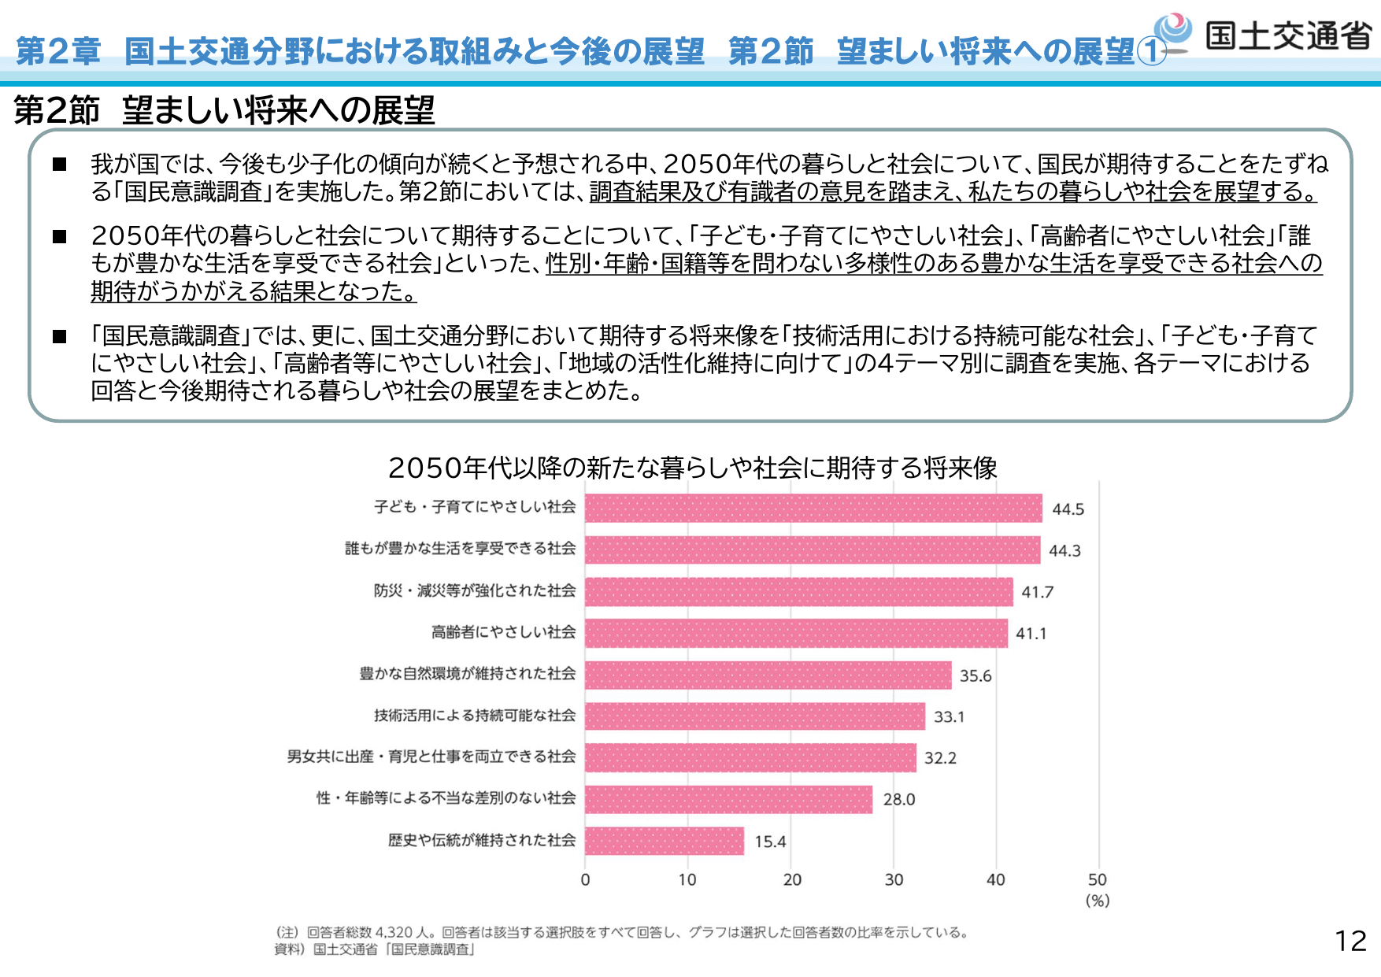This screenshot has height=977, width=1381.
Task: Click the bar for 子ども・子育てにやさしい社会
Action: pos(813,509)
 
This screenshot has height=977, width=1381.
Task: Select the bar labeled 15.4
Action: pos(665,841)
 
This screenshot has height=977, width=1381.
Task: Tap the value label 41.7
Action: pos(1037,592)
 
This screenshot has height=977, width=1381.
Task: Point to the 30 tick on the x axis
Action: pos(894,880)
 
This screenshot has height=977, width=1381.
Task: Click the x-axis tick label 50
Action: pos(1097,880)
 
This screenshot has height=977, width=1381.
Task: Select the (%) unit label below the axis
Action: pos(1098,901)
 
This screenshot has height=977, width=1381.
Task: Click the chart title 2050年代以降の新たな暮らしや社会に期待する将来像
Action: pos(692,468)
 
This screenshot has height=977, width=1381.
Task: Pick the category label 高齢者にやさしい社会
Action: pos(503,632)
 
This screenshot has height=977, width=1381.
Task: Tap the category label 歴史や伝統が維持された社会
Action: pos(481,840)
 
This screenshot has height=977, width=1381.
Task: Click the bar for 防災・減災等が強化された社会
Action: pos(798,592)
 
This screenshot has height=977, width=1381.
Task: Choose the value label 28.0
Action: pos(898,800)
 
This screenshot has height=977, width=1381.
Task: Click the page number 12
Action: pos(1350,941)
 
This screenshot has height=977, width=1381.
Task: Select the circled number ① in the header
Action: pos(1151,52)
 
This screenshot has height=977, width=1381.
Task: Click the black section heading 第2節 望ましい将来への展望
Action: pos(224,110)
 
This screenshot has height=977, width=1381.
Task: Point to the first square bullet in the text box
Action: pos(60,165)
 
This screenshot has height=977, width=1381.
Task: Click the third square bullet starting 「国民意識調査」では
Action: pos(60,337)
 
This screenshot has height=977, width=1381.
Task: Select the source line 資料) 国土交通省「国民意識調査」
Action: pos(375,949)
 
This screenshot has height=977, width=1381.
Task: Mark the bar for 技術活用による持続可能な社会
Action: pos(754,716)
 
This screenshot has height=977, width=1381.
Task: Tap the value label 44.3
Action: pos(1064,551)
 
